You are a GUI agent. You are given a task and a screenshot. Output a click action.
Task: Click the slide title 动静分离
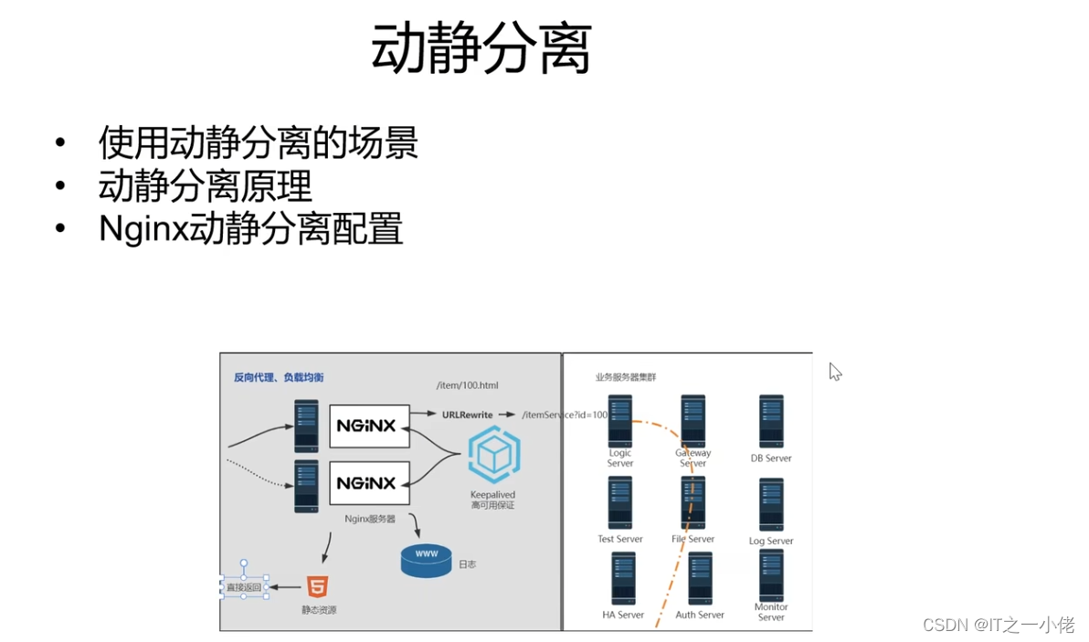tap(481, 49)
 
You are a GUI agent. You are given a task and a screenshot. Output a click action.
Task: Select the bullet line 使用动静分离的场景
tap(259, 142)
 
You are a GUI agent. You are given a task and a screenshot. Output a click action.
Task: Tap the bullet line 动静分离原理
tap(206, 186)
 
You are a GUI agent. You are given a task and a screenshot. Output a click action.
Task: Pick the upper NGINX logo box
tap(368, 426)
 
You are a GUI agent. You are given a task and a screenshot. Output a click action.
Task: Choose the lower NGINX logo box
tap(368, 482)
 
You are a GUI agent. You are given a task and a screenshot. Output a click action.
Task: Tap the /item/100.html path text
tap(468, 386)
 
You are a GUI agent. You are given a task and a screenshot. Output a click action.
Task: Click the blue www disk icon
tap(426, 557)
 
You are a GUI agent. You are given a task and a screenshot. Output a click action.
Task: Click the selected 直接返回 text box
tap(244, 587)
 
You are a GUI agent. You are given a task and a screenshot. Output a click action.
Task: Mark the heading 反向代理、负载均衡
tap(278, 377)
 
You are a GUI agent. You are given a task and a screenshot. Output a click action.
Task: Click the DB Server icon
tap(771, 421)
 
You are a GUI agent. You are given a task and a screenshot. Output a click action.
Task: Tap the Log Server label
tap(771, 541)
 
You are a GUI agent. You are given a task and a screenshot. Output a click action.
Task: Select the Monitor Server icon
tap(771, 575)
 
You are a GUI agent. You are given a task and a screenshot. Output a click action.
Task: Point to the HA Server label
tap(623, 615)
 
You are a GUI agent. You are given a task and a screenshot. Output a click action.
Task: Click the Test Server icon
tap(620, 503)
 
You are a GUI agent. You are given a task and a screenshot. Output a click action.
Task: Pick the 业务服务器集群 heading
tap(626, 377)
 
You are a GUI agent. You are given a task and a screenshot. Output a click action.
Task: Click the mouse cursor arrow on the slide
tap(834, 371)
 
